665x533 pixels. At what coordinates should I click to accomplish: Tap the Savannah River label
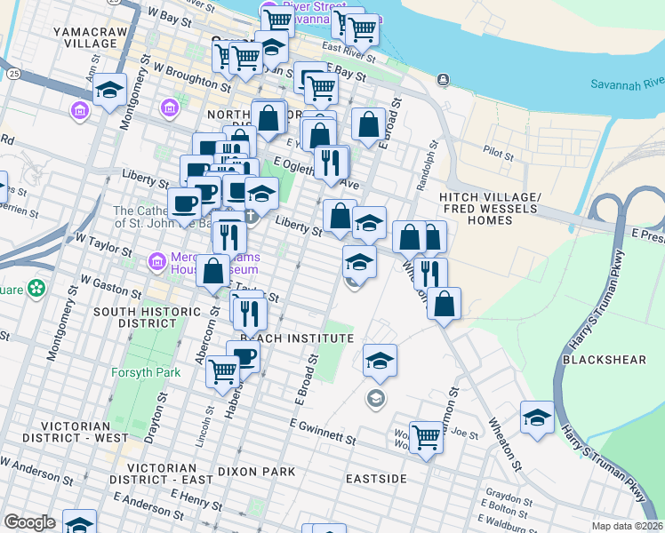pos(624,84)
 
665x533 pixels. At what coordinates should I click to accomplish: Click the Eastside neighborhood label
pos(376,479)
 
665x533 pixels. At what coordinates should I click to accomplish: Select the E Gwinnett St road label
pos(322,434)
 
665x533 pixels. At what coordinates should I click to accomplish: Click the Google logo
pos(29,522)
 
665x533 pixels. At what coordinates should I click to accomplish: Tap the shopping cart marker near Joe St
pos(427,437)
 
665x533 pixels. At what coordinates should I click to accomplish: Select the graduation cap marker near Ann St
pos(109,91)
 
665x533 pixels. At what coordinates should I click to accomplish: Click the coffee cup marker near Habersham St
pos(243,356)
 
